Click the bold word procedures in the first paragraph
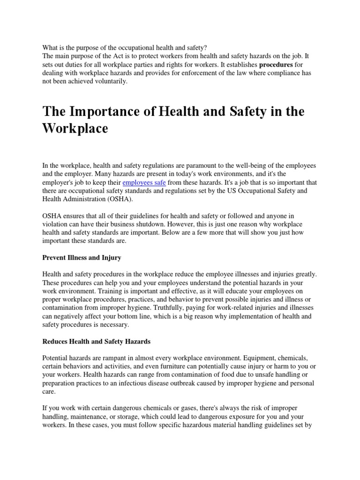[276, 65]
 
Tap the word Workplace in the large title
[75, 128]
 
